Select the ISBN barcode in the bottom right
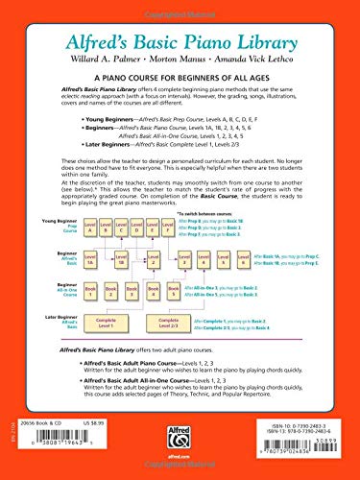pos(312,461)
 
